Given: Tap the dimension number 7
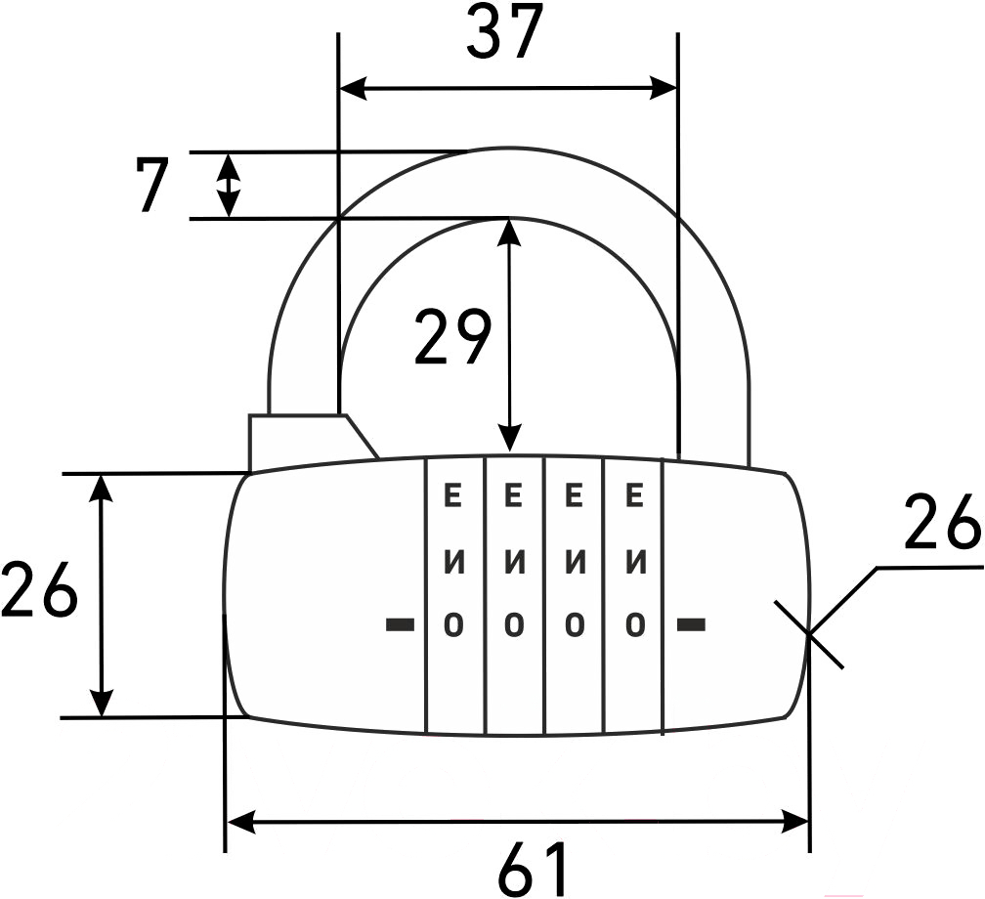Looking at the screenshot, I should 152,184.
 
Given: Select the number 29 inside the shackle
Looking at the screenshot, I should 451,337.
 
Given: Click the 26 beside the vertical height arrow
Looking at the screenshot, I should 39,592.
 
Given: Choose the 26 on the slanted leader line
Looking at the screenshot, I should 942,524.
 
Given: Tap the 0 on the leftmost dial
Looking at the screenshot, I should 452,623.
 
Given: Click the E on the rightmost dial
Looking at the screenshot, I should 635,496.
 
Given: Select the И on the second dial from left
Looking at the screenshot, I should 515,563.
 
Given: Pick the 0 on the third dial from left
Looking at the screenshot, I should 576,623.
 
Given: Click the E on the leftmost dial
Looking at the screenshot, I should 452,496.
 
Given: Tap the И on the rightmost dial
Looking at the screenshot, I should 635,563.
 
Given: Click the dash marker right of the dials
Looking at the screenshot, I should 692,623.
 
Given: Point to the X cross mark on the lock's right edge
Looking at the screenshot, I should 809,633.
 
